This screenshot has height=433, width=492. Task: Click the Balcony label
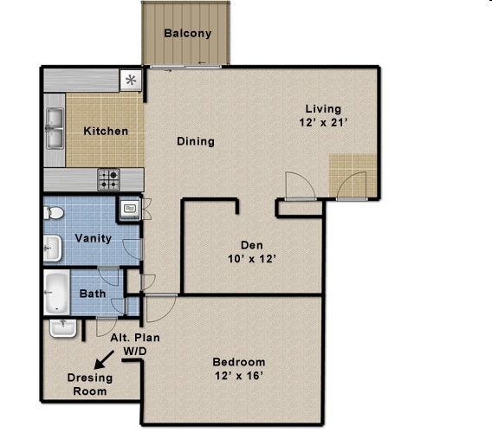click(188, 33)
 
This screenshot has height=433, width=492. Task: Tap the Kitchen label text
click(106, 131)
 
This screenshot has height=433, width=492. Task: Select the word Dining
click(196, 141)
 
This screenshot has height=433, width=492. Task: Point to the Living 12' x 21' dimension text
click(323, 115)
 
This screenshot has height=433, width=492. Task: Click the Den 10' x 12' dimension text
click(252, 252)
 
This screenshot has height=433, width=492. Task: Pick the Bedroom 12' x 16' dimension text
click(239, 369)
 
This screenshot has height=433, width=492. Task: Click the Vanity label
click(94, 238)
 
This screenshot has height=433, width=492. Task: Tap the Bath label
click(93, 294)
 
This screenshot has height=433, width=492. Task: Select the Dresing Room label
click(90, 385)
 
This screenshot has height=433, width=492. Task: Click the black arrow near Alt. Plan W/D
click(105, 359)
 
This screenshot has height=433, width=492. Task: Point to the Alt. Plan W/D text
click(135, 344)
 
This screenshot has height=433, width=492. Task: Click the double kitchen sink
click(55, 128)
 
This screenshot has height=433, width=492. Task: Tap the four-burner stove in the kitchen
click(108, 179)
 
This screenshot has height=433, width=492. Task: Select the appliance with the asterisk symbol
click(131, 81)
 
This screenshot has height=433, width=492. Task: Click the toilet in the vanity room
click(54, 213)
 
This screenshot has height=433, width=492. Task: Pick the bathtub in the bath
click(57, 292)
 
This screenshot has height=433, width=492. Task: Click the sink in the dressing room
click(63, 328)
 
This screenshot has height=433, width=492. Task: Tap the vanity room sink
click(52, 249)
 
